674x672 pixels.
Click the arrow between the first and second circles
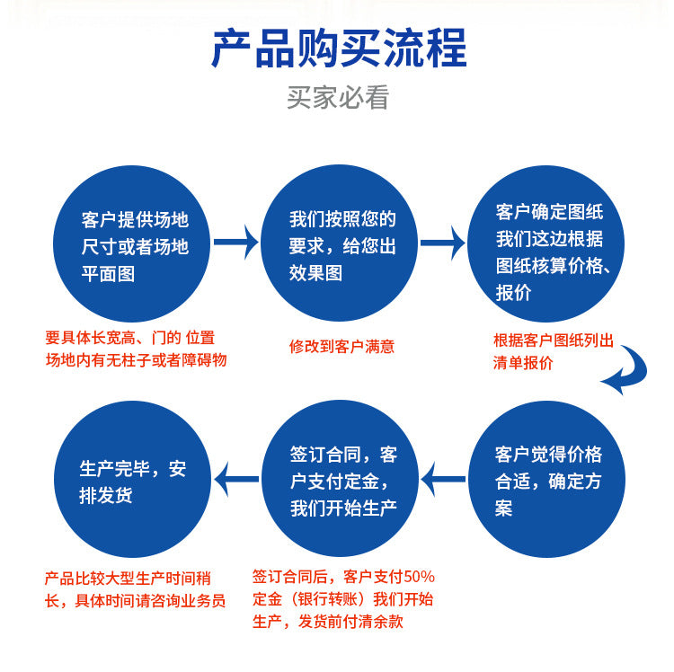pyautogui.click(x=237, y=243)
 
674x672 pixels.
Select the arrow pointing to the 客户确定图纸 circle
pyautogui.click(x=443, y=243)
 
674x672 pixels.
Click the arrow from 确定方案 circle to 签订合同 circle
pyautogui.click(x=443, y=478)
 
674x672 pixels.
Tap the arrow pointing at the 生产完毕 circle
pyautogui.click(x=237, y=478)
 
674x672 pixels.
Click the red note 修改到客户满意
pyautogui.click(x=341, y=346)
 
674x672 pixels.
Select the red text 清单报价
pyautogui.click(x=523, y=362)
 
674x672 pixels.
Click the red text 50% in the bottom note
pyautogui.click(x=420, y=576)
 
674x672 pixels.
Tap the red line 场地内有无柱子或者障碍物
pyautogui.click(x=136, y=359)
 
